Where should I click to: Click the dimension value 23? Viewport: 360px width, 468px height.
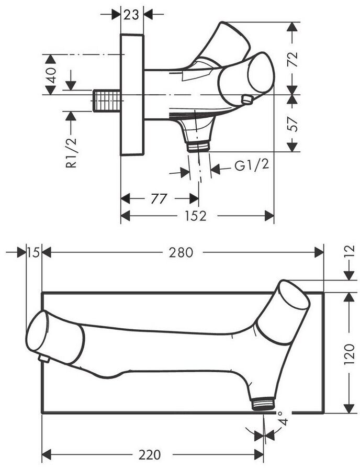(x=132, y=14)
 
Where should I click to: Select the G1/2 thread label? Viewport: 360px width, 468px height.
(x=252, y=166)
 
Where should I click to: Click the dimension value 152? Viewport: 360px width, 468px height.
(x=195, y=216)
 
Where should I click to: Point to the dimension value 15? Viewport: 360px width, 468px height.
(x=33, y=252)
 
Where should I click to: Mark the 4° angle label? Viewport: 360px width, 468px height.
(x=283, y=420)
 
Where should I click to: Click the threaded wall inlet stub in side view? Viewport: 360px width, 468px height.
(x=107, y=100)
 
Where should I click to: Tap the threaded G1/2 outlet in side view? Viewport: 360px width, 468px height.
(x=198, y=146)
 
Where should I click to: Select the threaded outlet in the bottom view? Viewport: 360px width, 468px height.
(x=263, y=404)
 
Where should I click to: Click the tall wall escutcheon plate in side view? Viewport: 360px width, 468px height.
(x=132, y=95)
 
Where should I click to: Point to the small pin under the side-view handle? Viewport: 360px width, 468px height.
(x=246, y=99)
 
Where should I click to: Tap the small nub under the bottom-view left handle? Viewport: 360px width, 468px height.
(x=44, y=359)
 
